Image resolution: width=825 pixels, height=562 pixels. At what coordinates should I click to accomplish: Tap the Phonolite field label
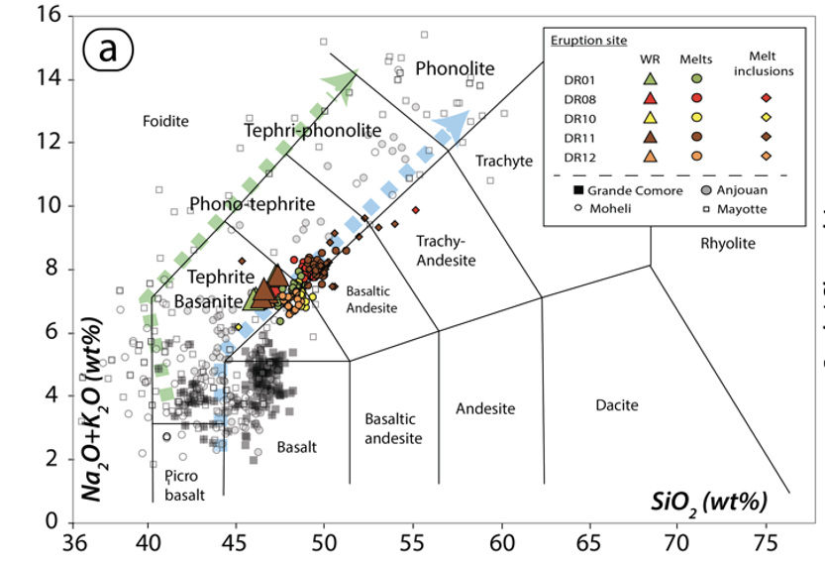tap(455, 67)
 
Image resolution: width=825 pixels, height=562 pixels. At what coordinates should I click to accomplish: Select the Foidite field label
tap(165, 121)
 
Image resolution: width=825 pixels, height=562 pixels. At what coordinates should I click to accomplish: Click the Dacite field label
tap(617, 405)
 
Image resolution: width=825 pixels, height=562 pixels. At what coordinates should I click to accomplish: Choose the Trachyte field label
tap(503, 161)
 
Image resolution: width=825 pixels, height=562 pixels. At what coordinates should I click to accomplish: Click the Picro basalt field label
tap(181, 485)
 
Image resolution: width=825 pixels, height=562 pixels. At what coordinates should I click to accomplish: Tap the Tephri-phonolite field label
tap(312, 130)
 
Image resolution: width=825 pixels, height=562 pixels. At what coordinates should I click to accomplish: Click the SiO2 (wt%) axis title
tap(710, 501)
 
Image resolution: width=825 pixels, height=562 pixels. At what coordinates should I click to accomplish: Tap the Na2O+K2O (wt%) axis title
tap(95, 407)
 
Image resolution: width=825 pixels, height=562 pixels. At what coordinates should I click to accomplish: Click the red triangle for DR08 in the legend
tap(650, 98)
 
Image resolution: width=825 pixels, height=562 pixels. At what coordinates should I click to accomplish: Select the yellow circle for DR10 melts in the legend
tap(696, 118)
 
